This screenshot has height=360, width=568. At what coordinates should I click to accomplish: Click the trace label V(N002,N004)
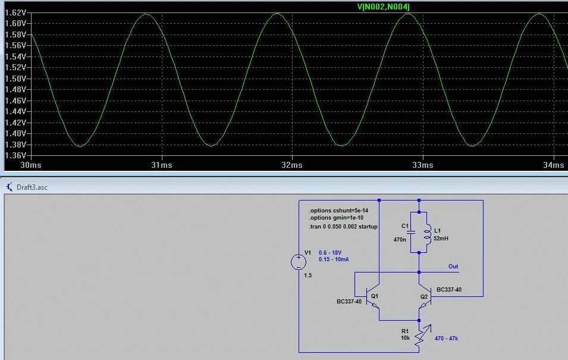382,7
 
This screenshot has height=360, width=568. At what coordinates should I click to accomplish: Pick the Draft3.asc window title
32,187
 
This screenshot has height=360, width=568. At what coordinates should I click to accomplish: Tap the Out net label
453,267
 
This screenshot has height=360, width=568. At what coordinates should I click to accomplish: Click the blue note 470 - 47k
446,339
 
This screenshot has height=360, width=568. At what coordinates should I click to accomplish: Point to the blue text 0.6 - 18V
331,252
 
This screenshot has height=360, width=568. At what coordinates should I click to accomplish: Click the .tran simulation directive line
343,227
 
